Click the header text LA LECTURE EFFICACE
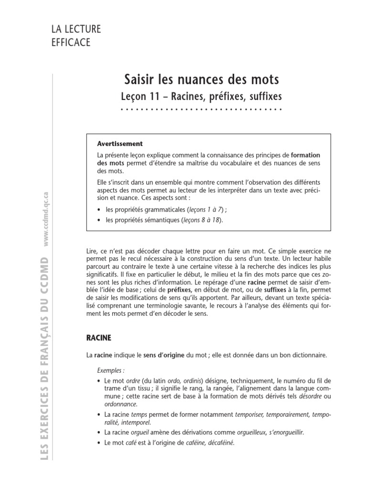coord(76,35)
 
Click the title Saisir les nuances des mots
coord(201,78)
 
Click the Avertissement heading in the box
coord(119,144)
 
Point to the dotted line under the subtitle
coord(201,110)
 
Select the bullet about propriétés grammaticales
coord(165,210)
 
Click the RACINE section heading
coord(98,338)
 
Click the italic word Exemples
coord(110,370)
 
